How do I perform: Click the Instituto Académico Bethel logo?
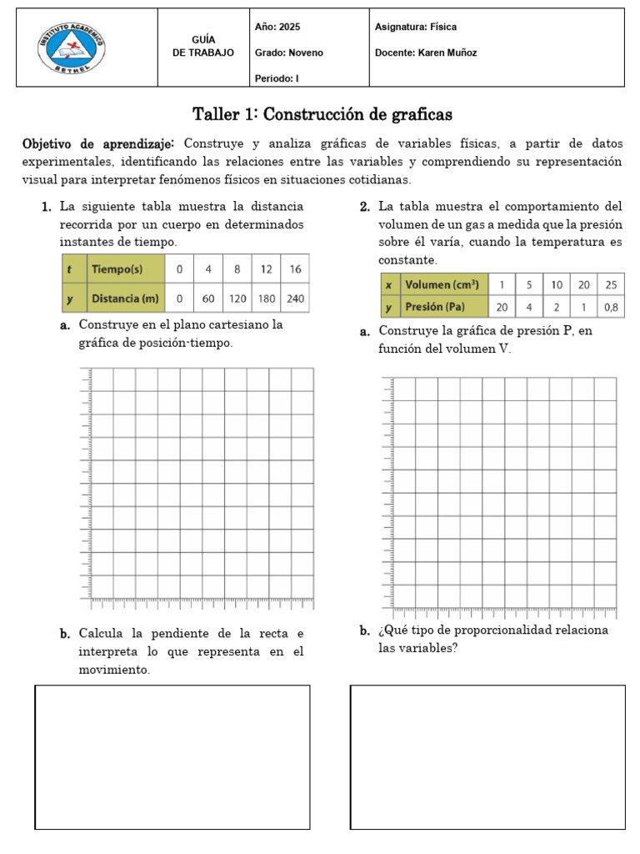coord(72,48)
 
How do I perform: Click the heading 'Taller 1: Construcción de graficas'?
coord(322,113)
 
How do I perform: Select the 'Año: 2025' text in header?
coord(277,28)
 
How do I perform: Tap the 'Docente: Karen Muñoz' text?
coord(426,53)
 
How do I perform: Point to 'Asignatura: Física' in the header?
coord(416,28)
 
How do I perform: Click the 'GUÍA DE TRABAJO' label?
coord(203,46)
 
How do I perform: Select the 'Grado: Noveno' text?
coord(288,53)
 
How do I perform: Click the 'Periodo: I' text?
coord(277,78)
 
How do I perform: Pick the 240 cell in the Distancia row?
coord(295,298)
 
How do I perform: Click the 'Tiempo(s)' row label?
coord(117,269)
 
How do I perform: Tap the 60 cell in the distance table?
coord(208,298)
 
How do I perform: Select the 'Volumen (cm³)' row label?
coord(440,285)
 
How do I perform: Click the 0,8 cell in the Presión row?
coord(611,307)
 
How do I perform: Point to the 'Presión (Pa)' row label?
coord(435,307)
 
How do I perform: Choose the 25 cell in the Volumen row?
coord(611,285)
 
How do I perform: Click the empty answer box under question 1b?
coord(172,756)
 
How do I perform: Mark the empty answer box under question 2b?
coord(487,756)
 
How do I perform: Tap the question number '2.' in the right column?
coord(365,207)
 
